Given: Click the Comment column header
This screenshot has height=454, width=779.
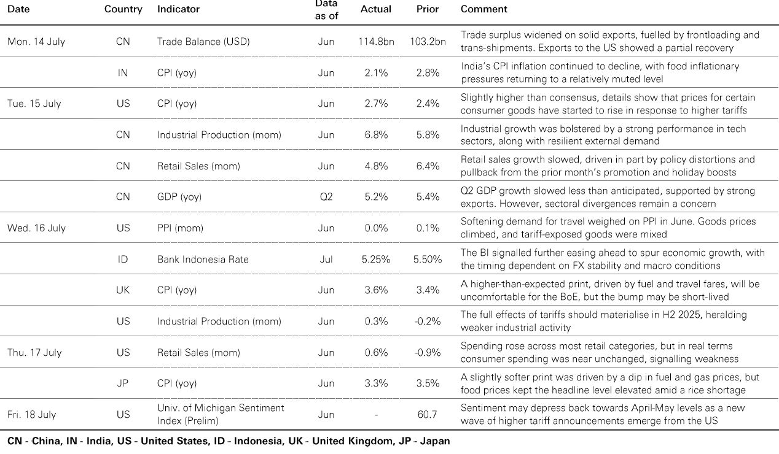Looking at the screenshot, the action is click(x=483, y=9).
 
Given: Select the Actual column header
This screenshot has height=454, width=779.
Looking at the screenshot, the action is click(x=375, y=9).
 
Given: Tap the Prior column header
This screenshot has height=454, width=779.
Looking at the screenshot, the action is click(x=428, y=9).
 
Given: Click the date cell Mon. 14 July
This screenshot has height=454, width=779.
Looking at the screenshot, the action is click(x=36, y=42).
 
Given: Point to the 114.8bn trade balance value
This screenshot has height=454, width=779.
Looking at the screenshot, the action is click(x=376, y=42).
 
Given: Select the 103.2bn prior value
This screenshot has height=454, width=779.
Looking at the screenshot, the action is click(x=428, y=42).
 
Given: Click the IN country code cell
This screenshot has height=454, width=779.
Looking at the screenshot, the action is click(x=123, y=73).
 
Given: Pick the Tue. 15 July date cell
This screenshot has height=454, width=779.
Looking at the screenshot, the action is click(x=34, y=104).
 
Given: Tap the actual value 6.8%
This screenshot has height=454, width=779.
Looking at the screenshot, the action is click(x=376, y=135).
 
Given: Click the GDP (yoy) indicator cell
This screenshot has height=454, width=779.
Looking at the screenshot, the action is click(x=179, y=197).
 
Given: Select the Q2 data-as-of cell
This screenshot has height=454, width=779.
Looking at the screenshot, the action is click(x=326, y=197).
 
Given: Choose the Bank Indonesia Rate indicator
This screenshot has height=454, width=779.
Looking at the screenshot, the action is click(x=203, y=260).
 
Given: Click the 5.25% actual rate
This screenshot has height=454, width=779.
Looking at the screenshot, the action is click(x=376, y=260).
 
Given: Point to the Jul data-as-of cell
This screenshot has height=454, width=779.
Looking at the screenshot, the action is click(x=326, y=260).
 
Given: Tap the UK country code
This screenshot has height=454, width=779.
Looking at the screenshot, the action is click(x=123, y=290).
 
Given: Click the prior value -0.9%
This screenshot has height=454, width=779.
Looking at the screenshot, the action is click(x=428, y=353).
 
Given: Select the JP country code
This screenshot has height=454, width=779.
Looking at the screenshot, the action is click(x=123, y=383).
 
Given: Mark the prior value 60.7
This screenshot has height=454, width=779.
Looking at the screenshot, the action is click(x=427, y=414).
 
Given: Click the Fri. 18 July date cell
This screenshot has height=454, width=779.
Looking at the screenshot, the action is click(x=32, y=414).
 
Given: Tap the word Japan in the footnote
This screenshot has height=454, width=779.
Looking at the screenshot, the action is click(x=435, y=441).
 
